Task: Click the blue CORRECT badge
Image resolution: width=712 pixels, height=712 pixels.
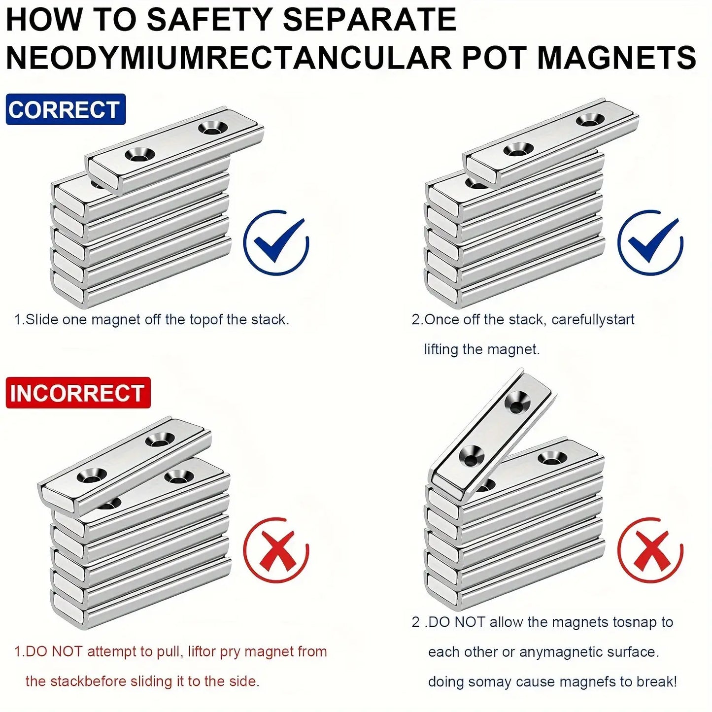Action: tap(66, 109)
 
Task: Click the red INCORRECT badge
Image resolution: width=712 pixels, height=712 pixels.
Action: tap(78, 393)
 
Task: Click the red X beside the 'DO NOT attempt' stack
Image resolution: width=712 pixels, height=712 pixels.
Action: tap(276, 550)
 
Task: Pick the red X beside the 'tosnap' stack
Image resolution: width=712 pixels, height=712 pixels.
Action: tap(650, 550)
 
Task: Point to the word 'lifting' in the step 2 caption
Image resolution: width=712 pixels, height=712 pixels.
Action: tap(441, 349)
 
